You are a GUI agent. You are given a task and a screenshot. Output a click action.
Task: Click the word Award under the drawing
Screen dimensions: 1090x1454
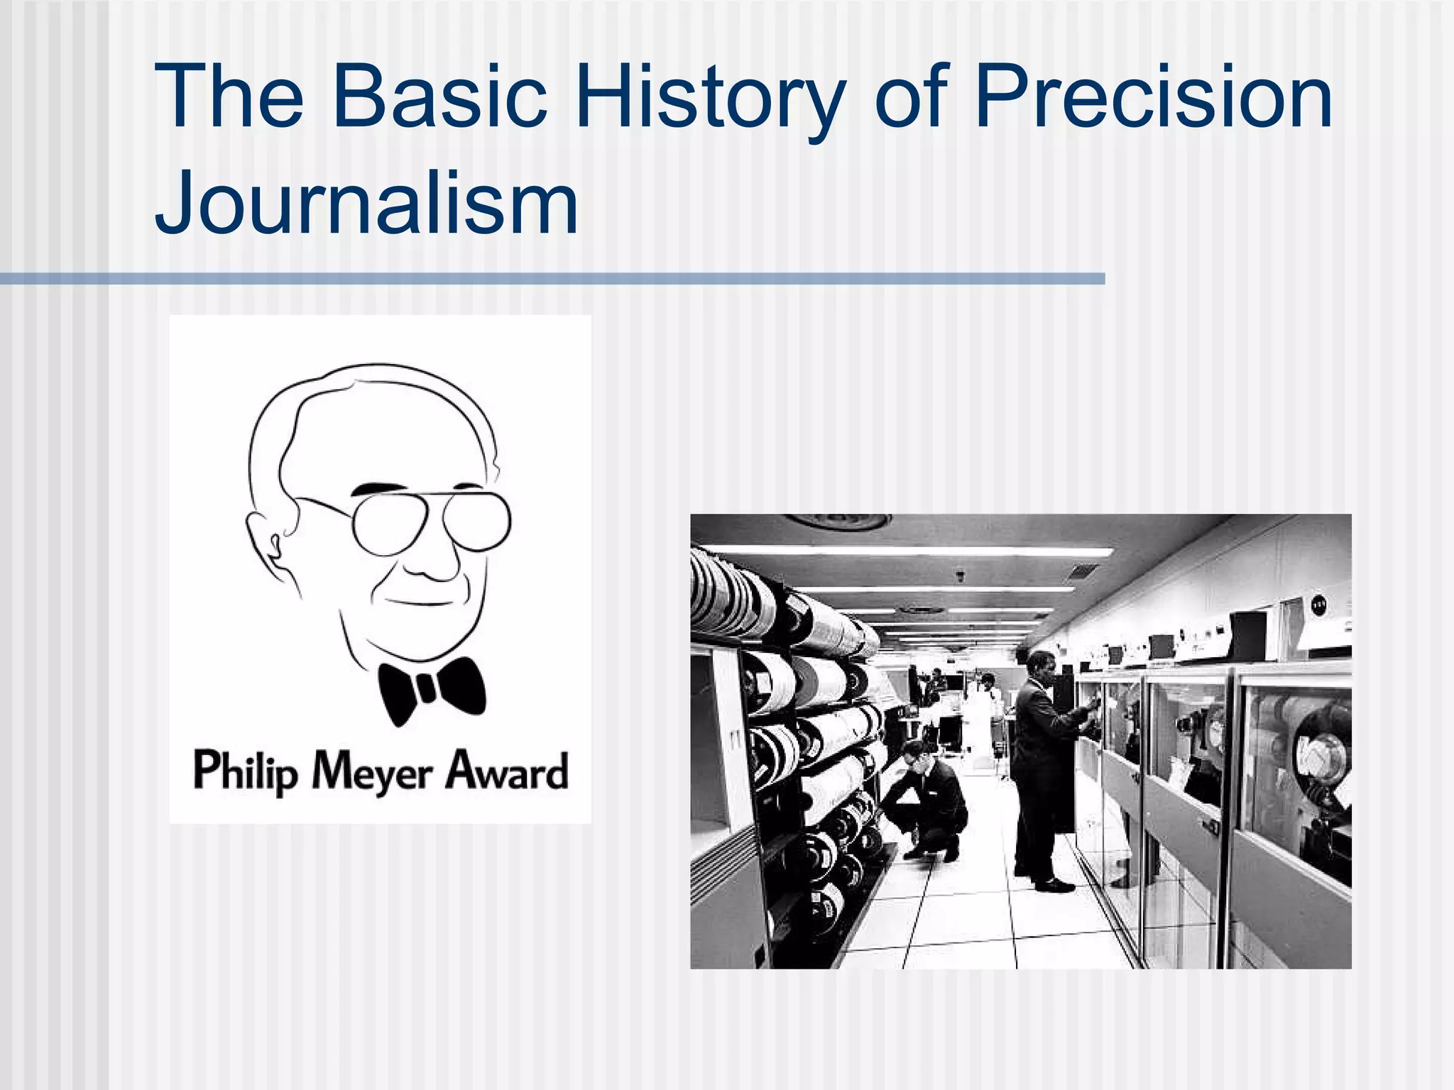pos(506,771)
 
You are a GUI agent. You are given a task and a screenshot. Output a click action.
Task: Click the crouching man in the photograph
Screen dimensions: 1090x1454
pos(926,798)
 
